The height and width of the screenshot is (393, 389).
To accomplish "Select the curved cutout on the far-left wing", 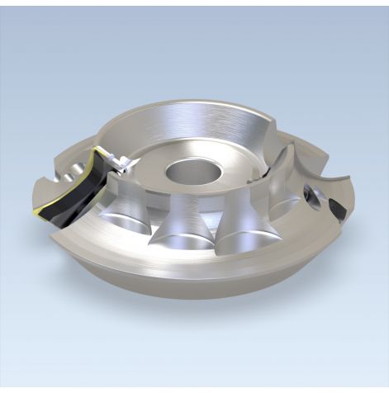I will pyautogui.click(x=50, y=174).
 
